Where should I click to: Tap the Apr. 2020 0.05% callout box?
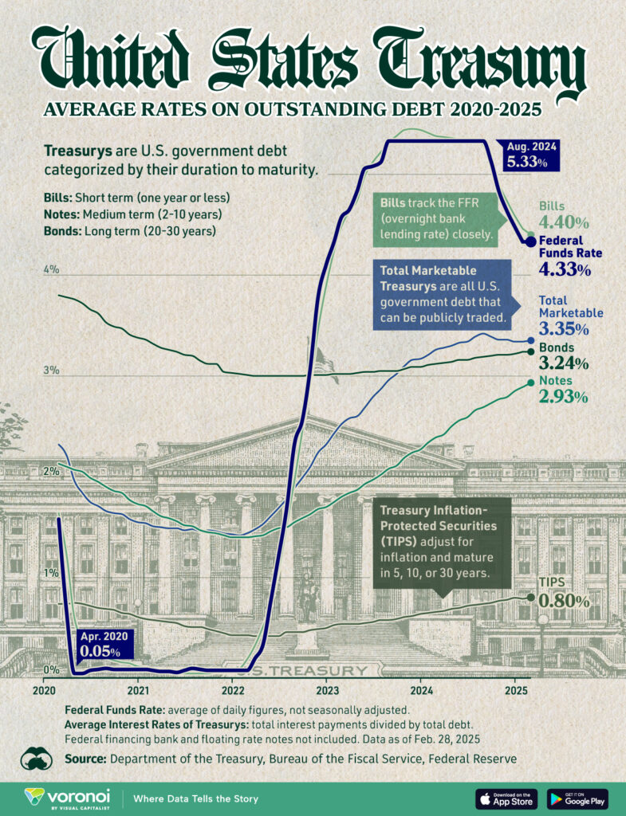tap(105, 644)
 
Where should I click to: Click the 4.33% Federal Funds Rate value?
tap(565, 270)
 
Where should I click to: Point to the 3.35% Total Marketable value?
tap(564, 328)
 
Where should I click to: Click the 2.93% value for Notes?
tap(564, 397)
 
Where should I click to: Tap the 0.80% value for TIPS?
tap(564, 601)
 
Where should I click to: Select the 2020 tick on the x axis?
tap(45, 689)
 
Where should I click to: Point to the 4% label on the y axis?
tap(52, 269)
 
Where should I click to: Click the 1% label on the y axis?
tap(52, 572)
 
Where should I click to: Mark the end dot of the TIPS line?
tap(531, 596)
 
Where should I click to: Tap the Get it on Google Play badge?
tap(578, 798)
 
